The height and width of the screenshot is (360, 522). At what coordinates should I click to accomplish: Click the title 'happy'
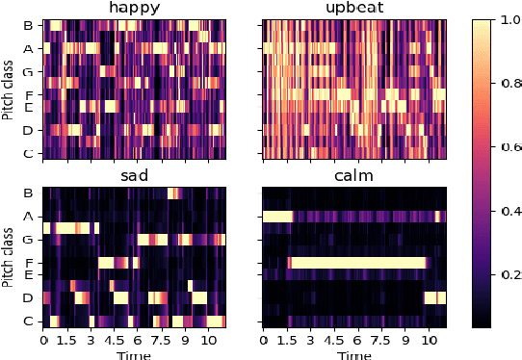pos(135,10)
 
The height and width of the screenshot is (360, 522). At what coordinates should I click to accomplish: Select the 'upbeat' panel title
pos(355,10)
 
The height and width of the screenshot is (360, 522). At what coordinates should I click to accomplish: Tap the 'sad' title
pos(135,176)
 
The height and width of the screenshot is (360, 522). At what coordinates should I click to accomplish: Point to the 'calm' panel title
pos(355,176)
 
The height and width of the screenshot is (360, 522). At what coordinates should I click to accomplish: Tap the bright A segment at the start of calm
pos(277,217)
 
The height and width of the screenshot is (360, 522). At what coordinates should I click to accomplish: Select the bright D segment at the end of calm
pos(436,297)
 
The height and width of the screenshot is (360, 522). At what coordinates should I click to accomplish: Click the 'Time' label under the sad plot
pos(134,354)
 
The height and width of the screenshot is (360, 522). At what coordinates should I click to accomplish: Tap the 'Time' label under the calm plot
pos(354,354)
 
